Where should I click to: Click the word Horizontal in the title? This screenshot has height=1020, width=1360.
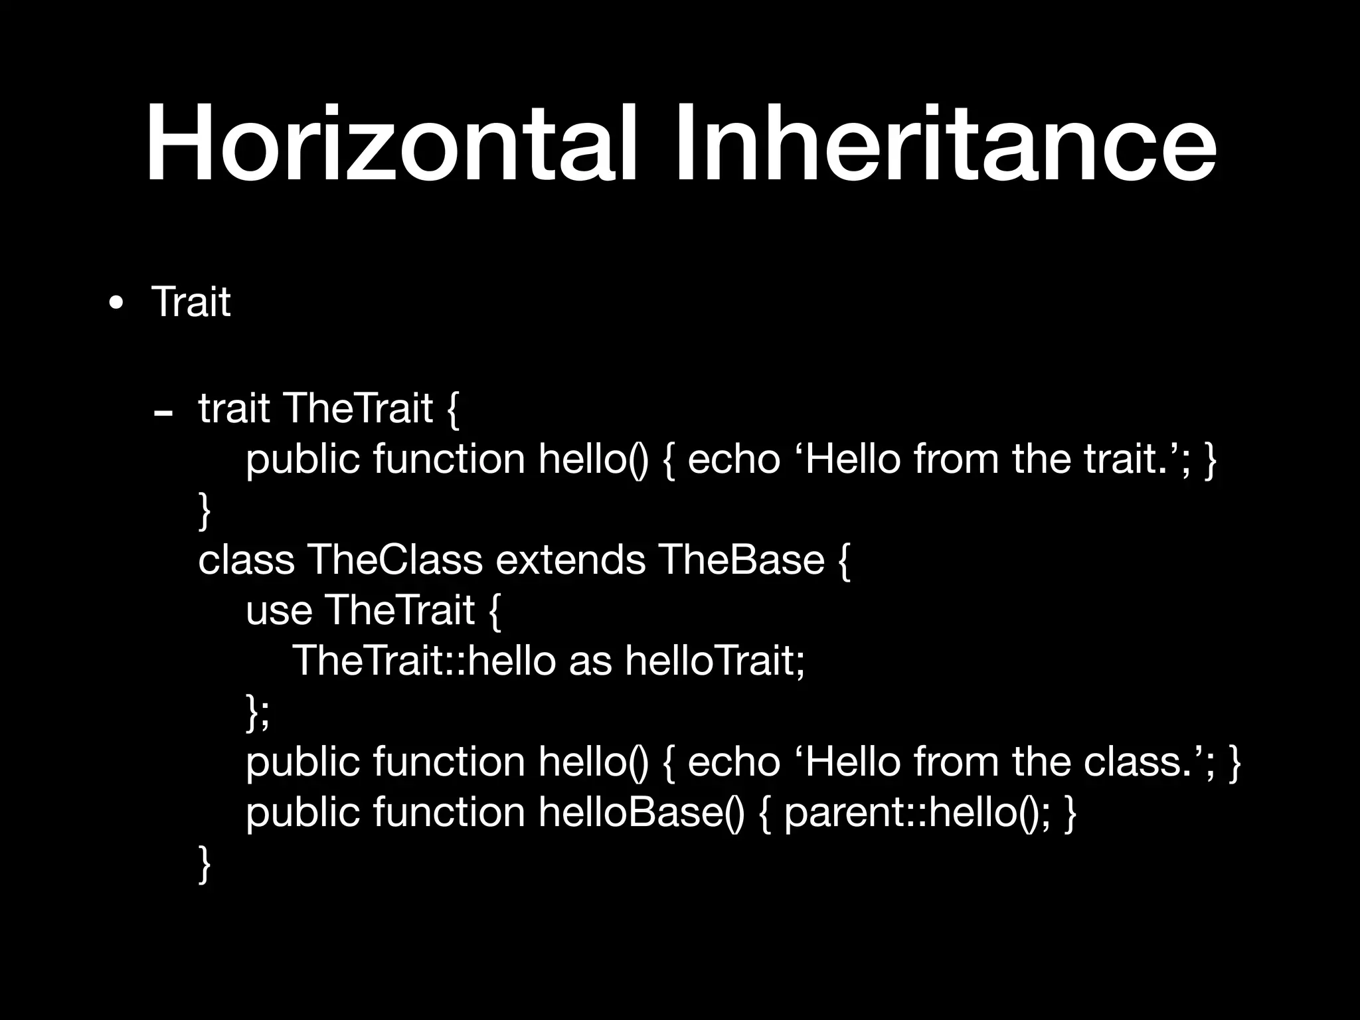point(392,143)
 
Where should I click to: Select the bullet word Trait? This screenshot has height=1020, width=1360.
point(191,302)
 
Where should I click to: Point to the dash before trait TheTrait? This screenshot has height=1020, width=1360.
point(163,413)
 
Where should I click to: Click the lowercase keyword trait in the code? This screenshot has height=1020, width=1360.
point(234,408)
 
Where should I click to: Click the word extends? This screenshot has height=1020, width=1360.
point(570,559)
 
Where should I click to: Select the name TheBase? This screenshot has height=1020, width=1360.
point(742,559)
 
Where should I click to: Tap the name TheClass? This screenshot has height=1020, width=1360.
point(394,559)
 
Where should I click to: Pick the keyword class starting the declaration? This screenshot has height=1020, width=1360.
point(246,559)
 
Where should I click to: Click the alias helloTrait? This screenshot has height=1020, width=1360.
point(715,661)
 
